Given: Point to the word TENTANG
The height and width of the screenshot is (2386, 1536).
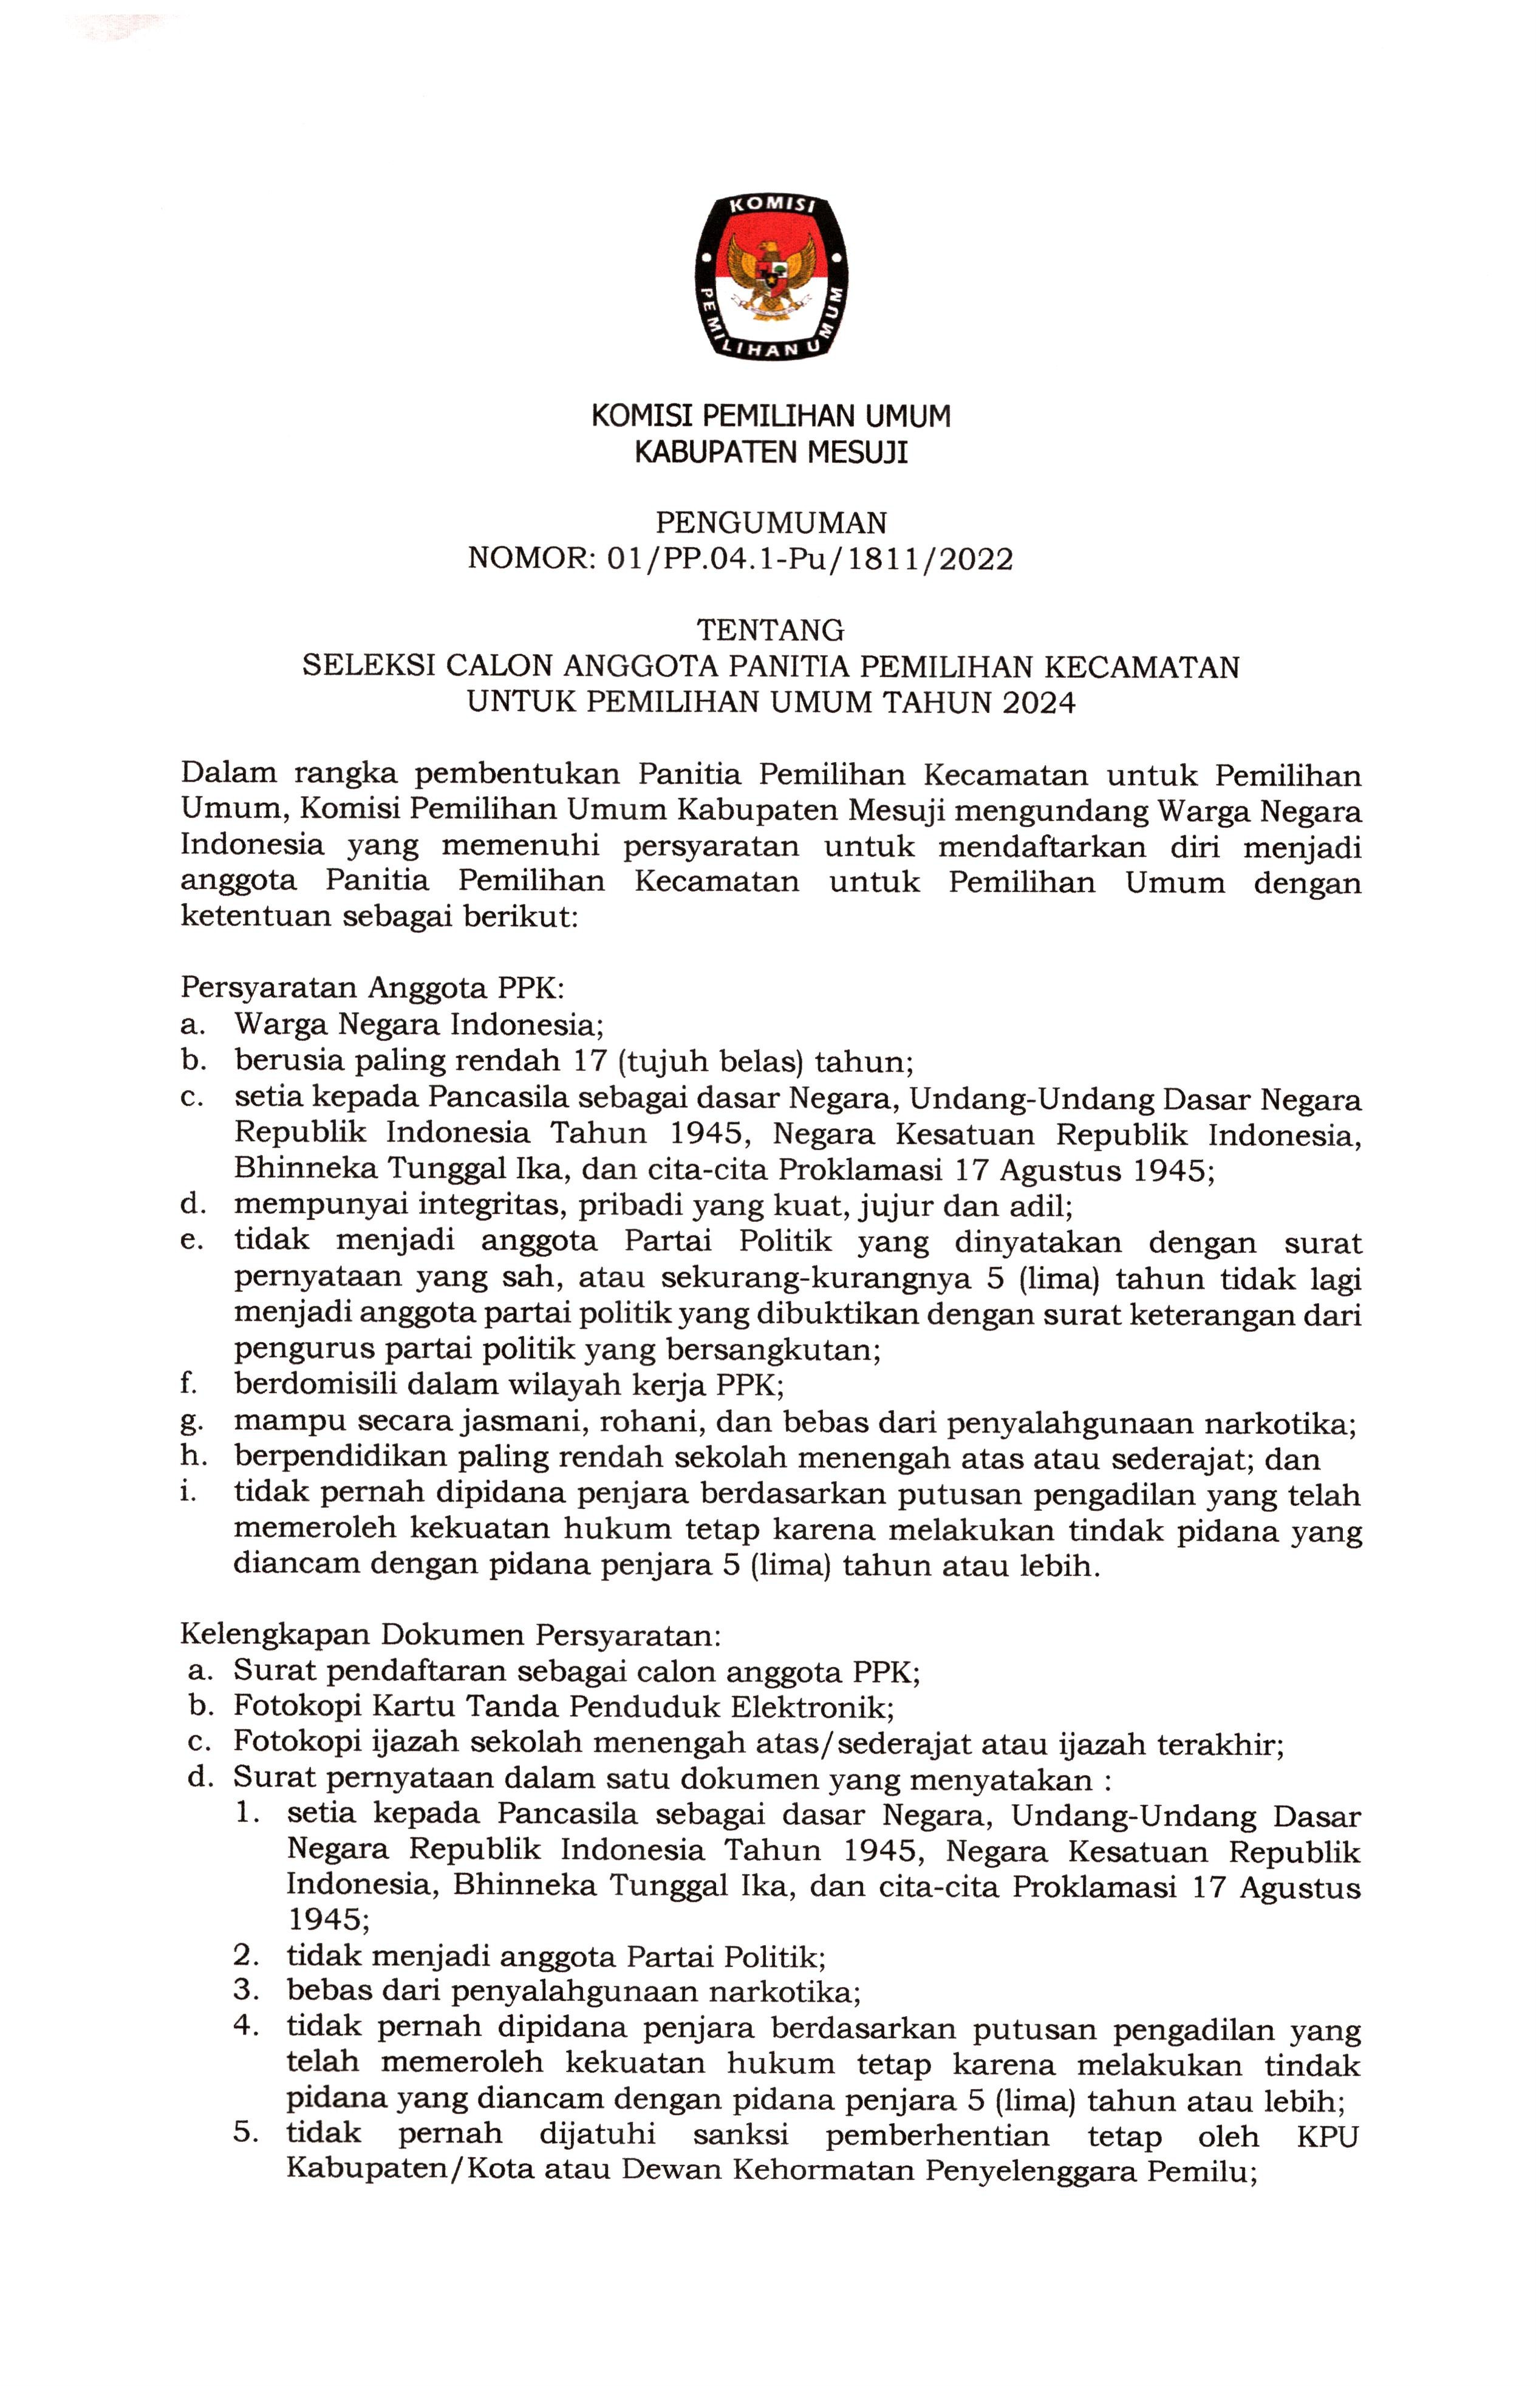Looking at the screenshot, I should point(770,630).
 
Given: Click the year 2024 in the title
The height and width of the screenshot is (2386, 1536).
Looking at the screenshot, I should point(1039,703).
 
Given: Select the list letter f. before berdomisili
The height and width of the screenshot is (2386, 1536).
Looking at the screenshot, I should point(188,1384).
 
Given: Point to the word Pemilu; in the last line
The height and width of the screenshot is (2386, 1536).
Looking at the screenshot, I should point(1201,2170).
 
